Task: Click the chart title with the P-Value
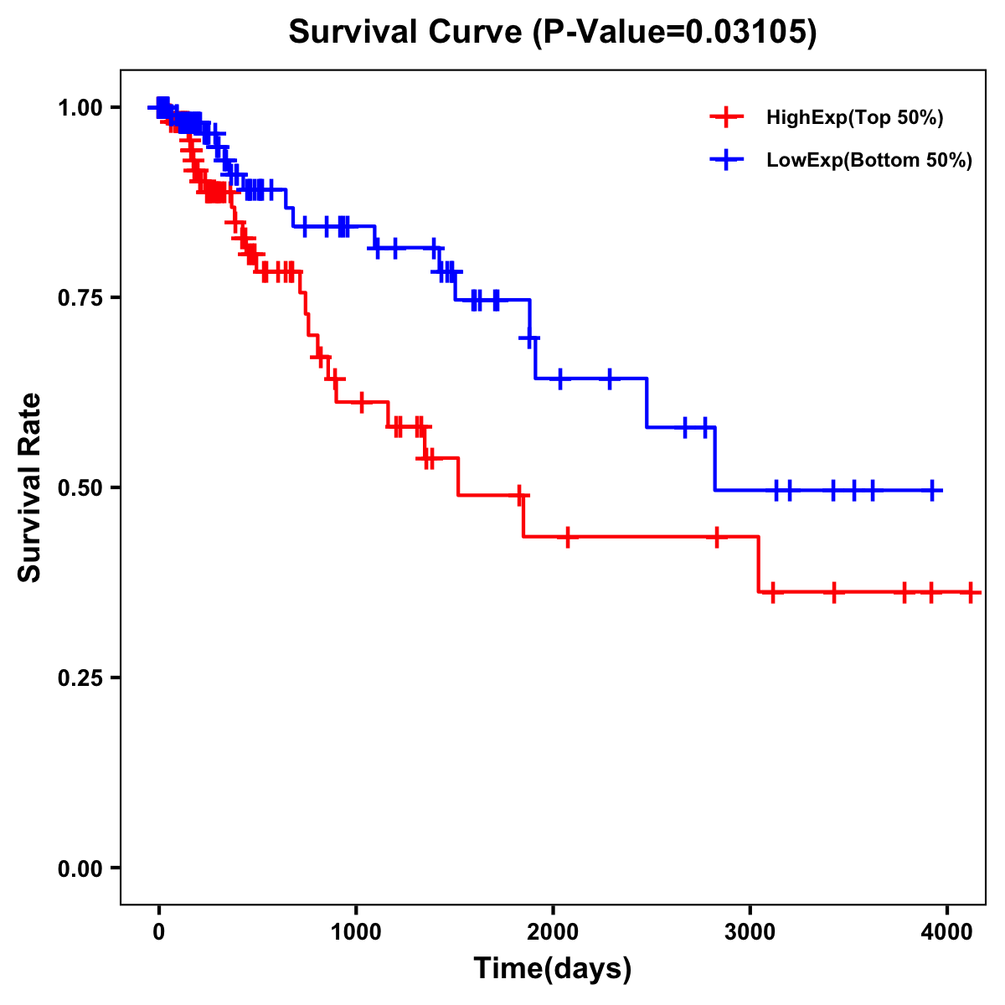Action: pyautogui.click(x=553, y=32)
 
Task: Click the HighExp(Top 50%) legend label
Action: pyautogui.click(x=854, y=118)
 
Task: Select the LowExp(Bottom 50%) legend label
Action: pyautogui.click(x=869, y=160)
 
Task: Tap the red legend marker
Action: pyautogui.click(x=726, y=117)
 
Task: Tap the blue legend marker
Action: pyautogui.click(x=726, y=159)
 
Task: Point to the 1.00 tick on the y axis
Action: pyautogui.click(x=80, y=108)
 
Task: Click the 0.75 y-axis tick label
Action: pyautogui.click(x=80, y=298)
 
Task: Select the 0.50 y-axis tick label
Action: pyautogui.click(x=80, y=488)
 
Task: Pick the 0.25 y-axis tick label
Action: pyautogui.click(x=80, y=678)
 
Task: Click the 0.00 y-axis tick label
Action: pyautogui.click(x=80, y=868)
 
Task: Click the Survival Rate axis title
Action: pyautogui.click(x=30, y=487)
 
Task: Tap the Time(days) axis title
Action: pyautogui.click(x=553, y=969)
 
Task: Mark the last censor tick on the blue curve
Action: pyautogui.click(x=932, y=490)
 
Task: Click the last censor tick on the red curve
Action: pyautogui.click(x=970, y=592)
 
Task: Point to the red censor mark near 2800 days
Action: pyautogui.click(x=717, y=537)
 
